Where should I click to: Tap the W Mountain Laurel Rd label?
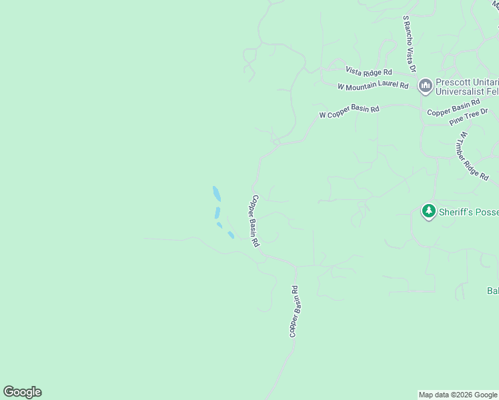pyautogui.click(x=373, y=86)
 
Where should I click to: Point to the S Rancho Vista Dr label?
pyautogui.click(x=409, y=45)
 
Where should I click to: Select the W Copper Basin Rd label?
pyautogui.click(x=349, y=111)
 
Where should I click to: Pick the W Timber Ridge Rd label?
pyautogui.click(x=472, y=155)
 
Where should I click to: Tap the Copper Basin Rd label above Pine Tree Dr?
pyautogui.click(x=453, y=108)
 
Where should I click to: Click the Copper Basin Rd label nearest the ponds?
pyautogui.click(x=254, y=221)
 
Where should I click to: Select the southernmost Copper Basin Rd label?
pyautogui.click(x=295, y=311)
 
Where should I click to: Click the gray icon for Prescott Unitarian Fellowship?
pyautogui.click(x=425, y=86)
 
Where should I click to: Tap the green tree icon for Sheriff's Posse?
pyautogui.click(x=428, y=212)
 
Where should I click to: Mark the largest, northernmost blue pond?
pyautogui.click(x=216, y=194)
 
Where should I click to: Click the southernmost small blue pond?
pyautogui.click(x=230, y=235)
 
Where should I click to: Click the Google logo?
pyautogui.click(x=23, y=392)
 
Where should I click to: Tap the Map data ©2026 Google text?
pyautogui.click(x=457, y=395)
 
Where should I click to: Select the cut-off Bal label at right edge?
pyautogui.click(x=492, y=291)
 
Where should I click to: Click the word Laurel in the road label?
pyautogui.click(x=383, y=86)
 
